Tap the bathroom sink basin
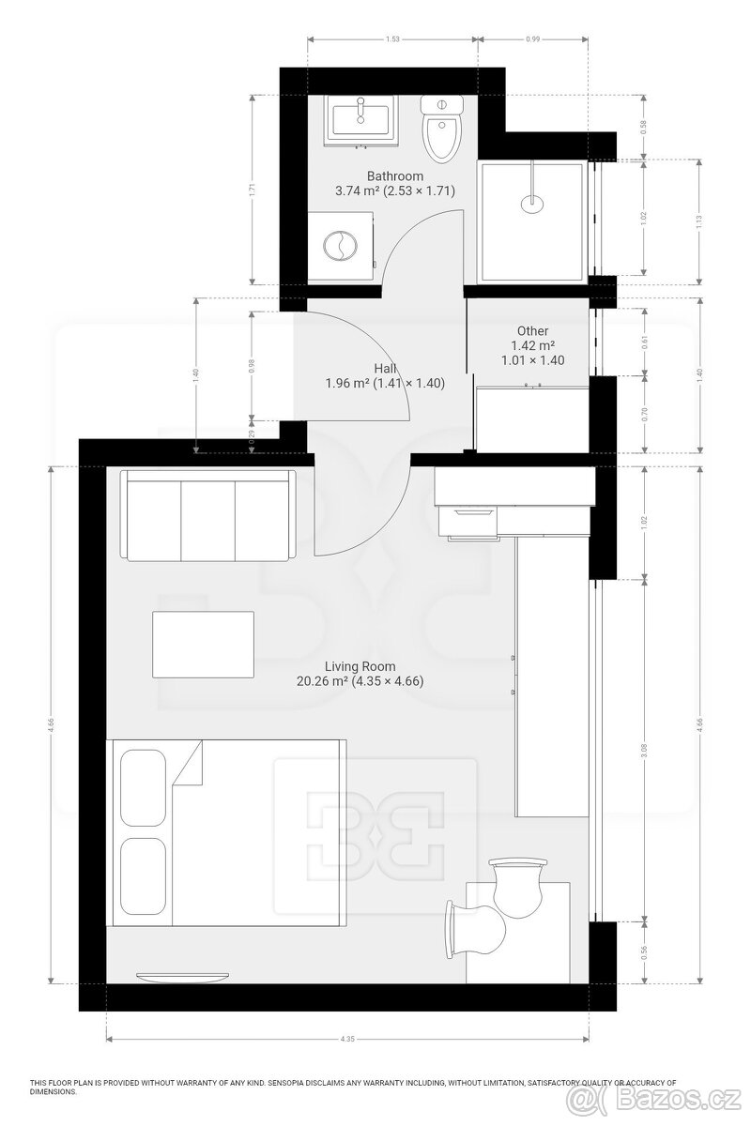360,119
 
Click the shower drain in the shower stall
532,199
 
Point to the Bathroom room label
394,175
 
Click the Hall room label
384,368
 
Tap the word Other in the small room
532,330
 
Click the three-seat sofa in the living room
208,516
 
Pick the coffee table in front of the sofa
203,644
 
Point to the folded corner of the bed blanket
190,762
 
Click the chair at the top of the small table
517,882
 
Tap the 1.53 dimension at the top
392,38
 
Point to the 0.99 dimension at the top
533,38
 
